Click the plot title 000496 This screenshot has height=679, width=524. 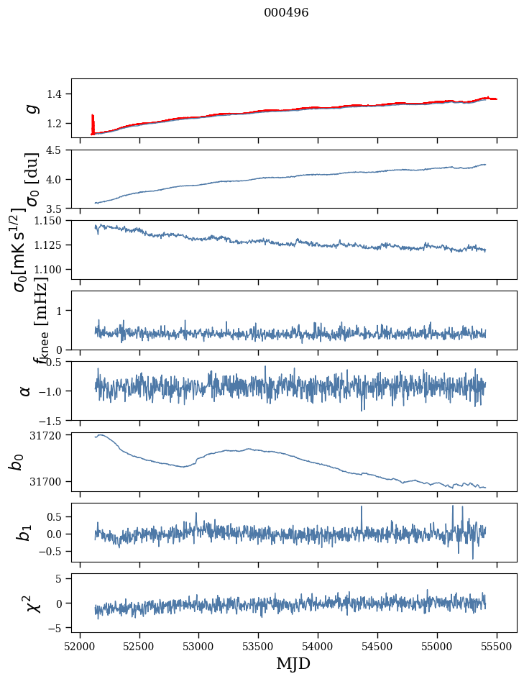(x=286, y=13)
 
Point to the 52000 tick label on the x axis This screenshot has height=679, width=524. (x=80, y=644)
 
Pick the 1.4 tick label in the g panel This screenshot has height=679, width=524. (x=58, y=94)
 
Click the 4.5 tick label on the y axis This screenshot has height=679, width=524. (x=58, y=150)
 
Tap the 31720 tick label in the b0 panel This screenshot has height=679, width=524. (x=47, y=435)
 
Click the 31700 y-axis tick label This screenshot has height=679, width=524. (x=47, y=481)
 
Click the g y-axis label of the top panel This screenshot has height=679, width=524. (x=29, y=108)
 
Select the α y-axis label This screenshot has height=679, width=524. (x=26, y=391)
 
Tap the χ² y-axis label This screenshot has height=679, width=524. (x=32, y=603)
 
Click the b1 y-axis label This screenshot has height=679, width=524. (x=26, y=532)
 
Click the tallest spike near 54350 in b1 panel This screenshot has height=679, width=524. (x=362, y=508)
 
